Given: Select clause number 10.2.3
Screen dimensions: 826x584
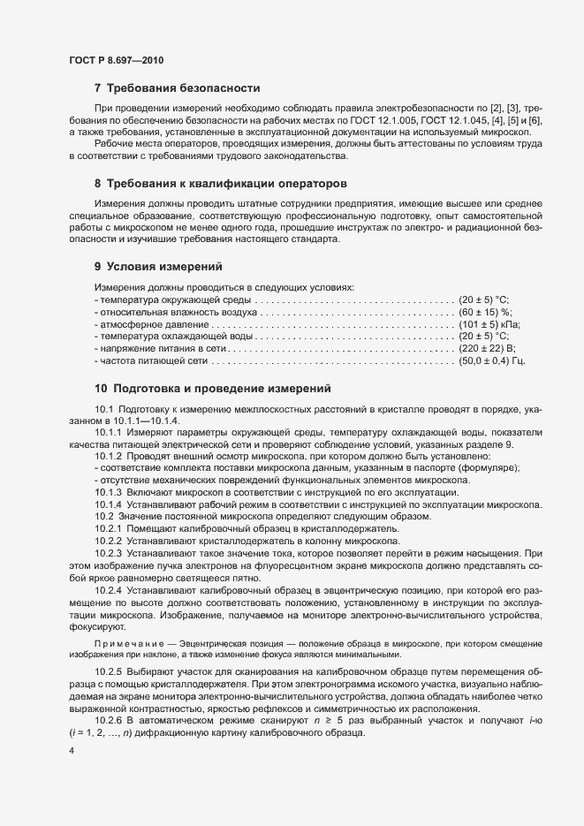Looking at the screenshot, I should click(x=109, y=553).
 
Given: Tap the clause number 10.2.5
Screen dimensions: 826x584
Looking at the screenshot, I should click(x=109, y=671).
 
